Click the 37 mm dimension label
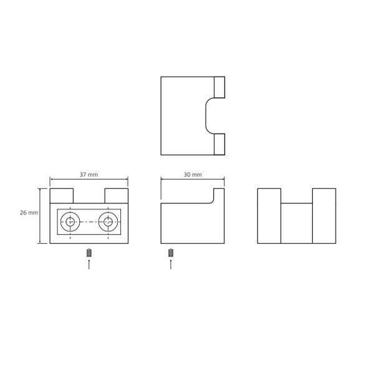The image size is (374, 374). pos(89,175)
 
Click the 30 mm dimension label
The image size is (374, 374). pos(193,175)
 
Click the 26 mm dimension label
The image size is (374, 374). pos(29,213)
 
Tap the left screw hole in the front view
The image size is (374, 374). pos(70,222)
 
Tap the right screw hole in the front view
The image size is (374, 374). pos(108,222)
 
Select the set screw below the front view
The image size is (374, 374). pos(89,253)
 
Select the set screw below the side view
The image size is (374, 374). pos(171,253)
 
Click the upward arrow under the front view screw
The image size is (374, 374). pos(89,264)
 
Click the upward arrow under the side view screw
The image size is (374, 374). pos(171,264)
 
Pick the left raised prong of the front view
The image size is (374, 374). pos(62,196)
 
